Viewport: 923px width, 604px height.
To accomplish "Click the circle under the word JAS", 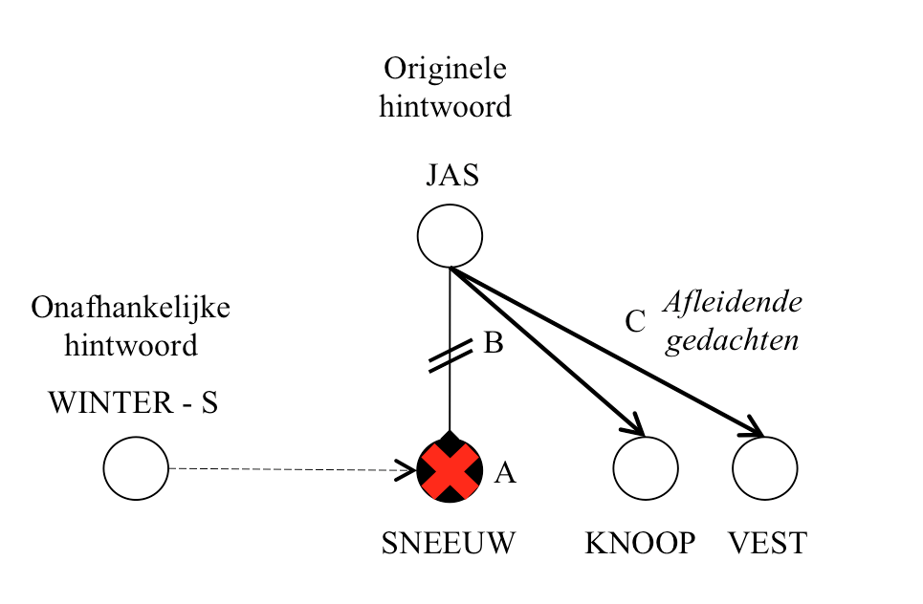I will [450, 235].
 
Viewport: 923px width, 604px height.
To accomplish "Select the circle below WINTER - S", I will [136, 468].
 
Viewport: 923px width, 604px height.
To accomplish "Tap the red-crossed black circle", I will [450, 469].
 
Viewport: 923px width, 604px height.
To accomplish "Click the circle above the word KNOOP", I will [646, 469].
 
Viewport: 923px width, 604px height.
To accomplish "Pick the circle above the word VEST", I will [765, 469].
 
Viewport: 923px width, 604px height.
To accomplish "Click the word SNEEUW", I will [449, 544].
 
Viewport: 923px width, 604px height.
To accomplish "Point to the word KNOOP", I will [640, 544].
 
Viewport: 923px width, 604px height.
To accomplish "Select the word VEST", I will [768, 544].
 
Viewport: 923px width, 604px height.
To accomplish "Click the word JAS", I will [452, 176].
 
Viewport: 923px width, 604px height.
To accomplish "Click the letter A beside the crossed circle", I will [505, 472].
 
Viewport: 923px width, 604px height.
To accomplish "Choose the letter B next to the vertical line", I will [493, 343].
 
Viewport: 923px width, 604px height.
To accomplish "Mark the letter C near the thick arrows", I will [635, 323].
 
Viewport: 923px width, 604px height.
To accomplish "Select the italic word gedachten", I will [733, 341].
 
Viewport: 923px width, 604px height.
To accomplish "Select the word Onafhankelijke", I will [131, 308].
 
